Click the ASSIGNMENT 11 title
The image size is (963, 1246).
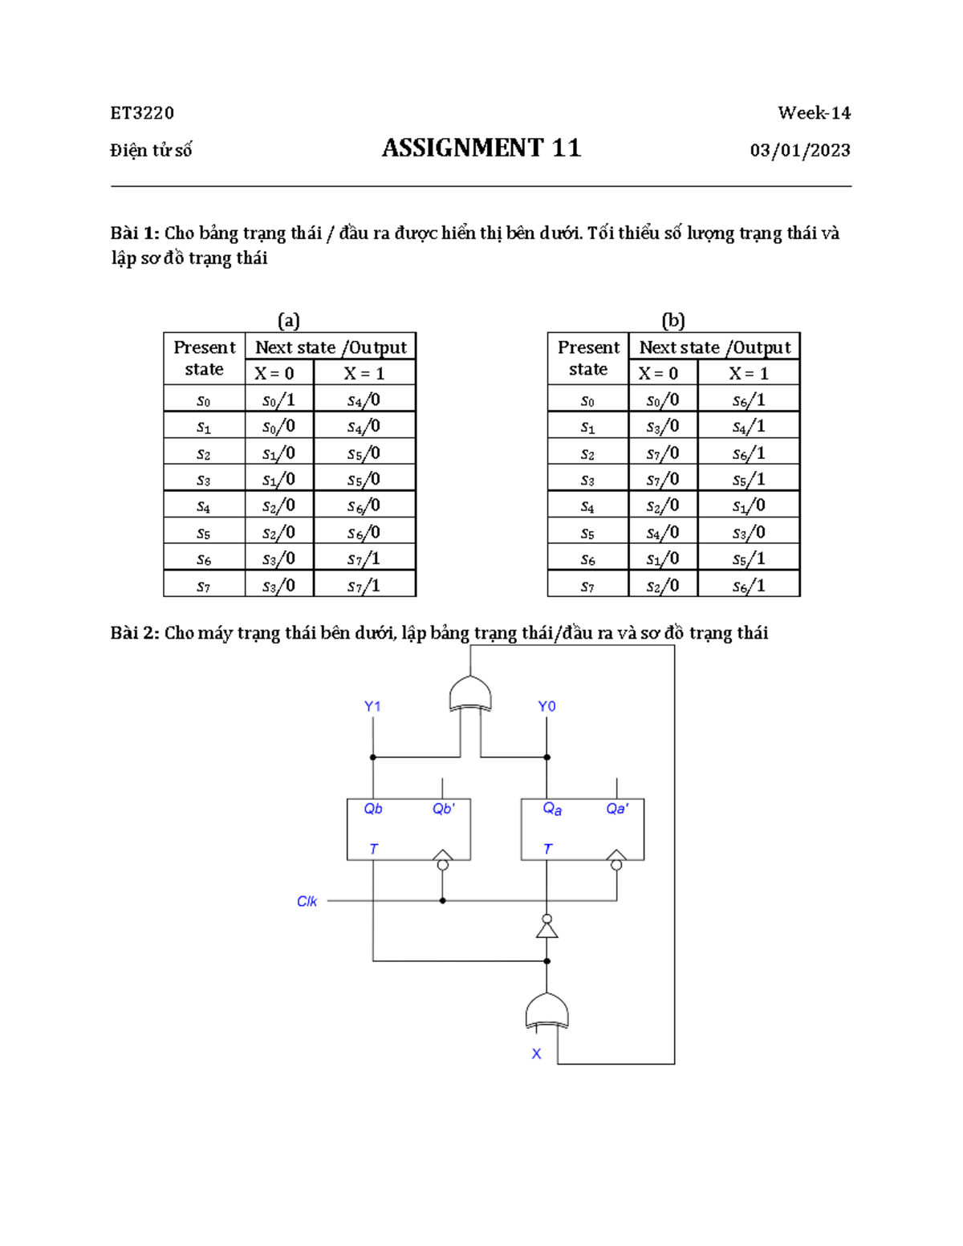(x=481, y=148)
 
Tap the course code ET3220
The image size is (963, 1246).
(x=142, y=113)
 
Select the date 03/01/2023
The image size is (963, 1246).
(x=799, y=150)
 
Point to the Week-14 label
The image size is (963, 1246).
(x=814, y=113)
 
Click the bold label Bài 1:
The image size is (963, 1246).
(x=135, y=233)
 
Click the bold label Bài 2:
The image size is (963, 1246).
(x=135, y=633)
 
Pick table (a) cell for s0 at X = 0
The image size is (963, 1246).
(x=278, y=400)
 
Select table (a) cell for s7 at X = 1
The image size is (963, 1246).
(x=364, y=585)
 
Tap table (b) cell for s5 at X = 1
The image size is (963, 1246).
(x=748, y=532)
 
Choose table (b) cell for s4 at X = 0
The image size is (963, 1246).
(x=662, y=505)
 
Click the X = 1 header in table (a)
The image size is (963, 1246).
(x=364, y=373)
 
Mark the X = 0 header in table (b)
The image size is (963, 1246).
(x=658, y=373)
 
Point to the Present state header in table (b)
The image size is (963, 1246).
(x=588, y=358)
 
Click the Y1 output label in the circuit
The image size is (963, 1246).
(x=372, y=707)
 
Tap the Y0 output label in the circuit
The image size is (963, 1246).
(x=547, y=707)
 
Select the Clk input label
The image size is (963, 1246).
(x=307, y=901)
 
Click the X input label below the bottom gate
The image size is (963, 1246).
(x=536, y=1053)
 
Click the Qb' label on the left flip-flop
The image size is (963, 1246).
(x=443, y=809)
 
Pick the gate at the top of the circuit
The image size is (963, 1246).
(x=470, y=694)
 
